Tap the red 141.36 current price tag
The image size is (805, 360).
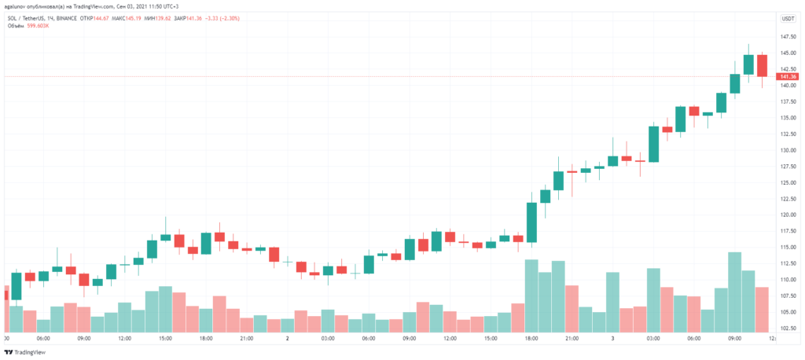pyautogui.click(x=787, y=76)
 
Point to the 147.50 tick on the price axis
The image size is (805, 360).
pyautogui.click(x=787, y=37)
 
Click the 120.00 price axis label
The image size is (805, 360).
pyautogui.click(x=787, y=215)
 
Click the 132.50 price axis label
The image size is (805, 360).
pyautogui.click(x=787, y=134)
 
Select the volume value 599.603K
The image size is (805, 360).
pyautogui.click(x=39, y=25)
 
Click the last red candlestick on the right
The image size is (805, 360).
pyautogui.click(x=762, y=65)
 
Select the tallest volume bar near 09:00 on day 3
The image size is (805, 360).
pyautogui.click(x=735, y=291)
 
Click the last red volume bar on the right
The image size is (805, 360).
pyautogui.click(x=762, y=308)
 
